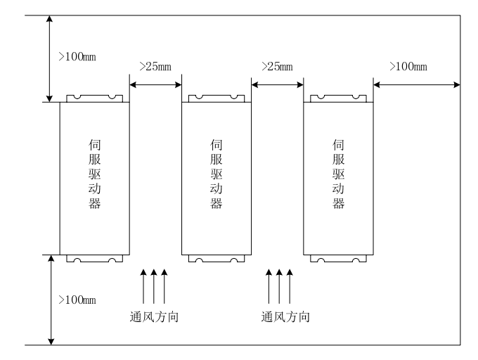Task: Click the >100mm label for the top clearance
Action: [x=77, y=56]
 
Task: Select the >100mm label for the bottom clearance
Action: [x=77, y=300]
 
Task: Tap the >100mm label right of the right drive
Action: [x=408, y=67]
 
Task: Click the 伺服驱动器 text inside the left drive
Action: [x=93, y=174]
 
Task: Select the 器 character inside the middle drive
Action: [x=217, y=204]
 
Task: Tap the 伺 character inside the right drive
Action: [x=338, y=145]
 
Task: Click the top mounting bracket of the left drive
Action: [x=94, y=98]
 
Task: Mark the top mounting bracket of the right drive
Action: [x=338, y=98]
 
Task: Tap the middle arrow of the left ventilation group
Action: [x=153, y=285]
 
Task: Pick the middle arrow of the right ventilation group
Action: [x=279, y=285]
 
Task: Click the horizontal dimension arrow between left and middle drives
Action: [x=155, y=85]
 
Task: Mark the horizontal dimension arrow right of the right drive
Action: [x=417, y=85]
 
